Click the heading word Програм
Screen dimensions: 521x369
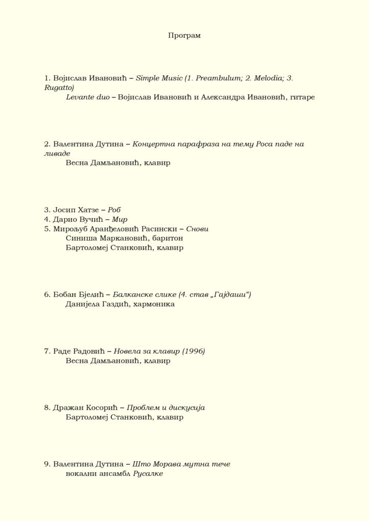coord(184,36)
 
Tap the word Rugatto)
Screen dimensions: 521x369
coord(59,88)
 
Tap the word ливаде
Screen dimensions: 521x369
coord(57,154)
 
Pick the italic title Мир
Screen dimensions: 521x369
coord(119,219)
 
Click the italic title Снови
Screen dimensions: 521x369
coord(197,229)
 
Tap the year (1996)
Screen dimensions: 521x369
coord(193,351)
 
